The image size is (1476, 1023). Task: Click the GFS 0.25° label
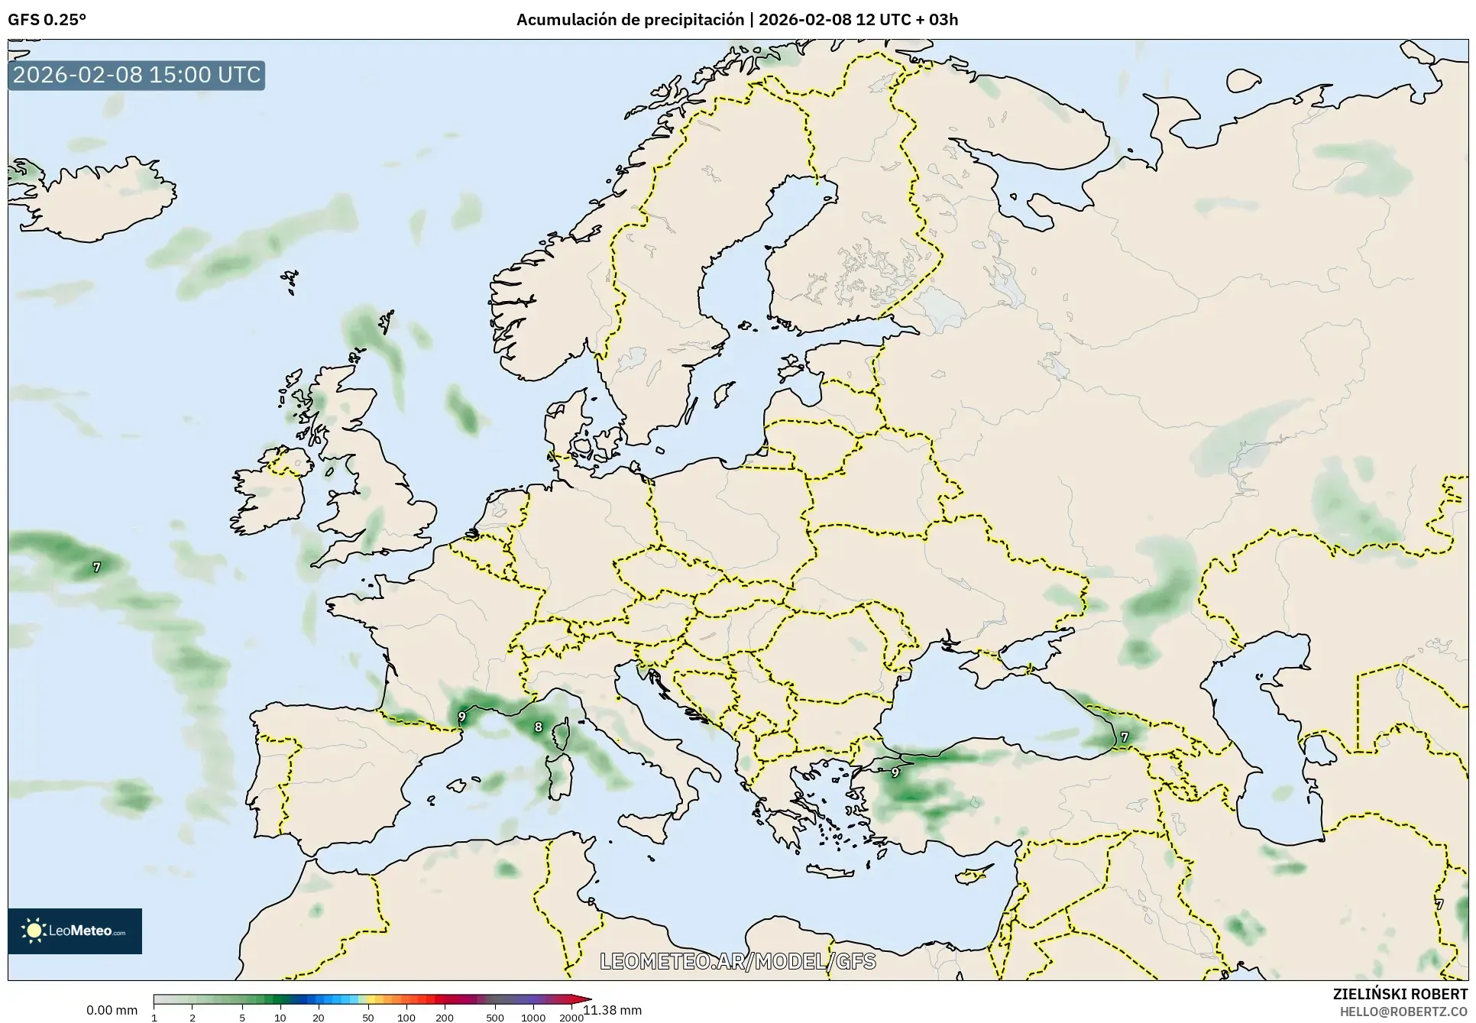tap(47, 20)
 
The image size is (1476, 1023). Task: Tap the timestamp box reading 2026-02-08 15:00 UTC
tap(137, 75)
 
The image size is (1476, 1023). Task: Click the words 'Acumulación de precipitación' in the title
tap(630, 20)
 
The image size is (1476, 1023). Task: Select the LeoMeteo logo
tap(75, 931)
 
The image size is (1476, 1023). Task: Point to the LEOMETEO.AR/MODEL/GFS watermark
tap(737, 961)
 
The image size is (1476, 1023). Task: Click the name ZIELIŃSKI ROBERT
tap(1400, 994)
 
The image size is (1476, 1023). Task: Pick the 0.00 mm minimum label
tap(112, 1010)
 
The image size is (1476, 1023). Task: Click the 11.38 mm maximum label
tap(612, 1010)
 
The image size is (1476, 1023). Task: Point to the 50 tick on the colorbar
tap(368, 1018)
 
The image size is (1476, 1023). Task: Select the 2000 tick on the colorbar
tap(571, 1018)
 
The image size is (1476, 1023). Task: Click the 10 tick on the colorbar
tap(280, 1018)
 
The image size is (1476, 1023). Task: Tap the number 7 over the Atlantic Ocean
tap(96, 568)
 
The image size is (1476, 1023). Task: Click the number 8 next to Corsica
tap(538, 727)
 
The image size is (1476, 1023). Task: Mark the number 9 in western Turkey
tap(895, 772)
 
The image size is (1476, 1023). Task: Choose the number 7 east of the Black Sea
tap(1124, 737)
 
